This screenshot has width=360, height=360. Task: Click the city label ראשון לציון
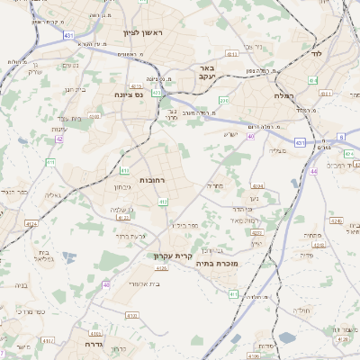(140, 33)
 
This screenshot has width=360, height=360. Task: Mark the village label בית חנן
(74, 89)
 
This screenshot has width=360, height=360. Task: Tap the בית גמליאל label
(43, 257)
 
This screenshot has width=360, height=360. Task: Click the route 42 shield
(59, 139)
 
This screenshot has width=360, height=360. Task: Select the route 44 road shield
(313, 170)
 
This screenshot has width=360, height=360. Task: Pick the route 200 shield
(225, 100)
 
